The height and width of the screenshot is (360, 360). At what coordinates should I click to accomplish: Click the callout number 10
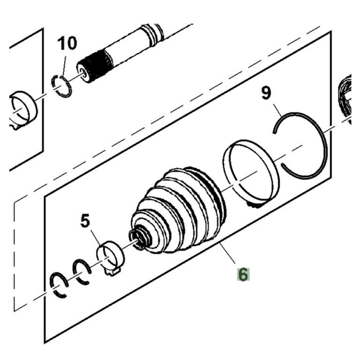pyautogui.click(x=67, y=44)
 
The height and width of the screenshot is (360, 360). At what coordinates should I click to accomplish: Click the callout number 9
pyautogui.click(x=266, y=93)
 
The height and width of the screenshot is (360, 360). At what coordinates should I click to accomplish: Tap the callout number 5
pyautogui.click(x=85, y=221)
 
